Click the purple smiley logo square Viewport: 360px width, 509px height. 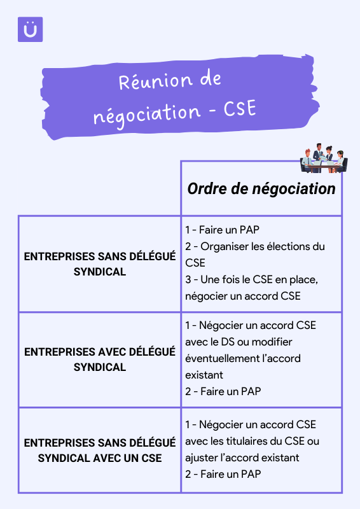30,29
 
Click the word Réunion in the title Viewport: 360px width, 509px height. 155,81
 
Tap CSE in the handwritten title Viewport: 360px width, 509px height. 240,109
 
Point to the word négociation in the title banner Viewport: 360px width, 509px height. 147,115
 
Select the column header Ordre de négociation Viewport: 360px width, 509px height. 261,188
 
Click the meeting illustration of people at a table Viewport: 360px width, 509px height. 324,158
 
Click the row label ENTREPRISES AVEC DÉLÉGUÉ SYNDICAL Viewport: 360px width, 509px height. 100,359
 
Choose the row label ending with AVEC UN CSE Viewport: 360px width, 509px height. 100,450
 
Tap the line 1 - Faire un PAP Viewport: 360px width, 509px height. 222,230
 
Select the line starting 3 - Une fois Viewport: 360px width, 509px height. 252,279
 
